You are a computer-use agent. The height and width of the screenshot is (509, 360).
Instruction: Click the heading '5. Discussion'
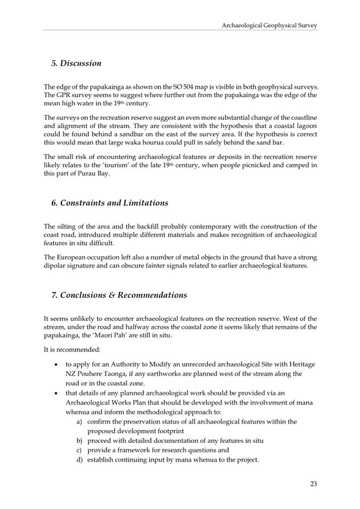click(x=76, y=63)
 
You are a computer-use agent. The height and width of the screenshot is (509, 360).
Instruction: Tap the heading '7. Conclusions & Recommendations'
click(x=118, y=295)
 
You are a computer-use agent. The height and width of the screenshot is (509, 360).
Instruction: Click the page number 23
click(x=313, y=484)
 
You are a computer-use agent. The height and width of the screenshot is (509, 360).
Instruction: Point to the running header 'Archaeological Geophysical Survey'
click(x=269, y=25)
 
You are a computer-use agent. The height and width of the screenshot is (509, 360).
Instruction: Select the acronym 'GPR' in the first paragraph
click(x=65, y=95)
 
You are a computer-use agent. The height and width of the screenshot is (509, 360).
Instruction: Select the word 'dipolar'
click(x=56, y=266)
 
